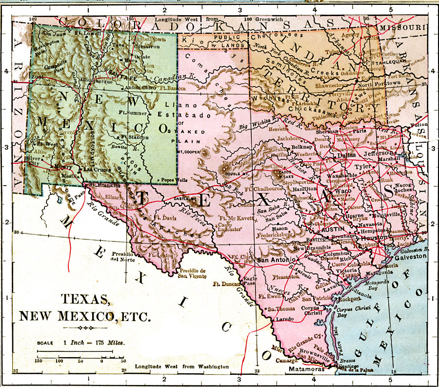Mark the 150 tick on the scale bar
click(38, 361)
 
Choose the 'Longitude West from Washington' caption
click(182, 366)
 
